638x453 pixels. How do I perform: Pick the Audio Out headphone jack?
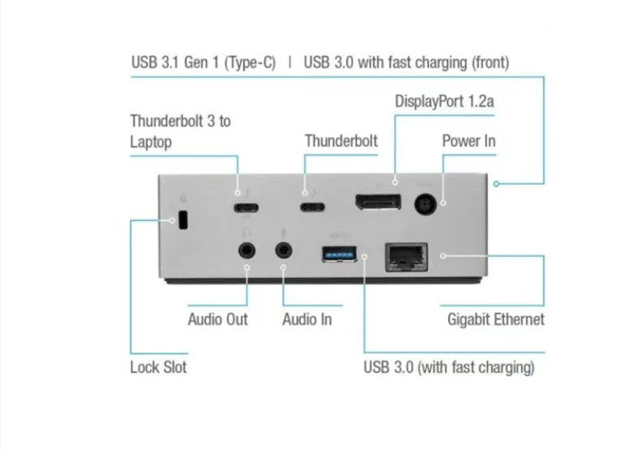point(247,250)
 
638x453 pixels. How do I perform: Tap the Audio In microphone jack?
point(284,250)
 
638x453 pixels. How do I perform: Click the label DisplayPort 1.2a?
point(445,102)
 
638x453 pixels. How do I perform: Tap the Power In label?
point(469,141)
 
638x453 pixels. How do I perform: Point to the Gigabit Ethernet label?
point(496,320)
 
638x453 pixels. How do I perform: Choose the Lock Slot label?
point(158,368)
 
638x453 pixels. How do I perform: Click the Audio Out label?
point(218,320)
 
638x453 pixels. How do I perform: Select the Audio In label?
point(307,320)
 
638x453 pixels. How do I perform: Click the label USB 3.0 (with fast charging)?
point(448,368)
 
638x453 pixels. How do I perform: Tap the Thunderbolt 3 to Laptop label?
point(180,132)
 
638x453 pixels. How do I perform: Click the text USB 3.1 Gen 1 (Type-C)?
point(203,62)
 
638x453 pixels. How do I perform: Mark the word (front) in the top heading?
point(487,62)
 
